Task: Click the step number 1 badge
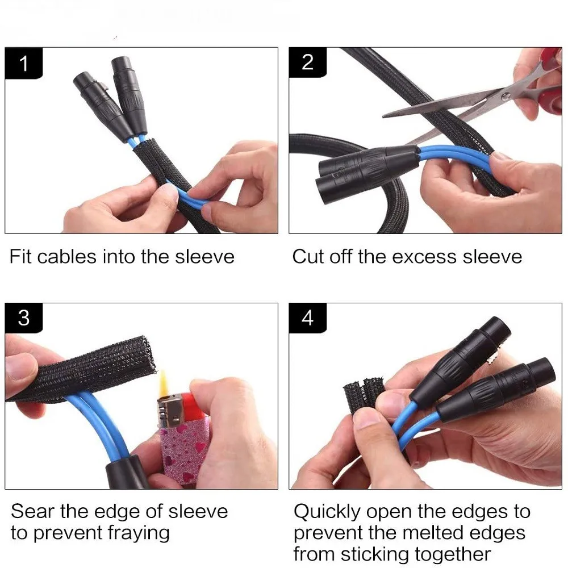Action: point(24,63)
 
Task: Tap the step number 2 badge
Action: point(307,62)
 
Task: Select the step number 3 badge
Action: point(24,318)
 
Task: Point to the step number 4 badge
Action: point(307,318)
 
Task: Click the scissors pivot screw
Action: point(506,96)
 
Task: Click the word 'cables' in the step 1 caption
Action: point(66,257)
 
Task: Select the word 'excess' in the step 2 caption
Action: point(424,257)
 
